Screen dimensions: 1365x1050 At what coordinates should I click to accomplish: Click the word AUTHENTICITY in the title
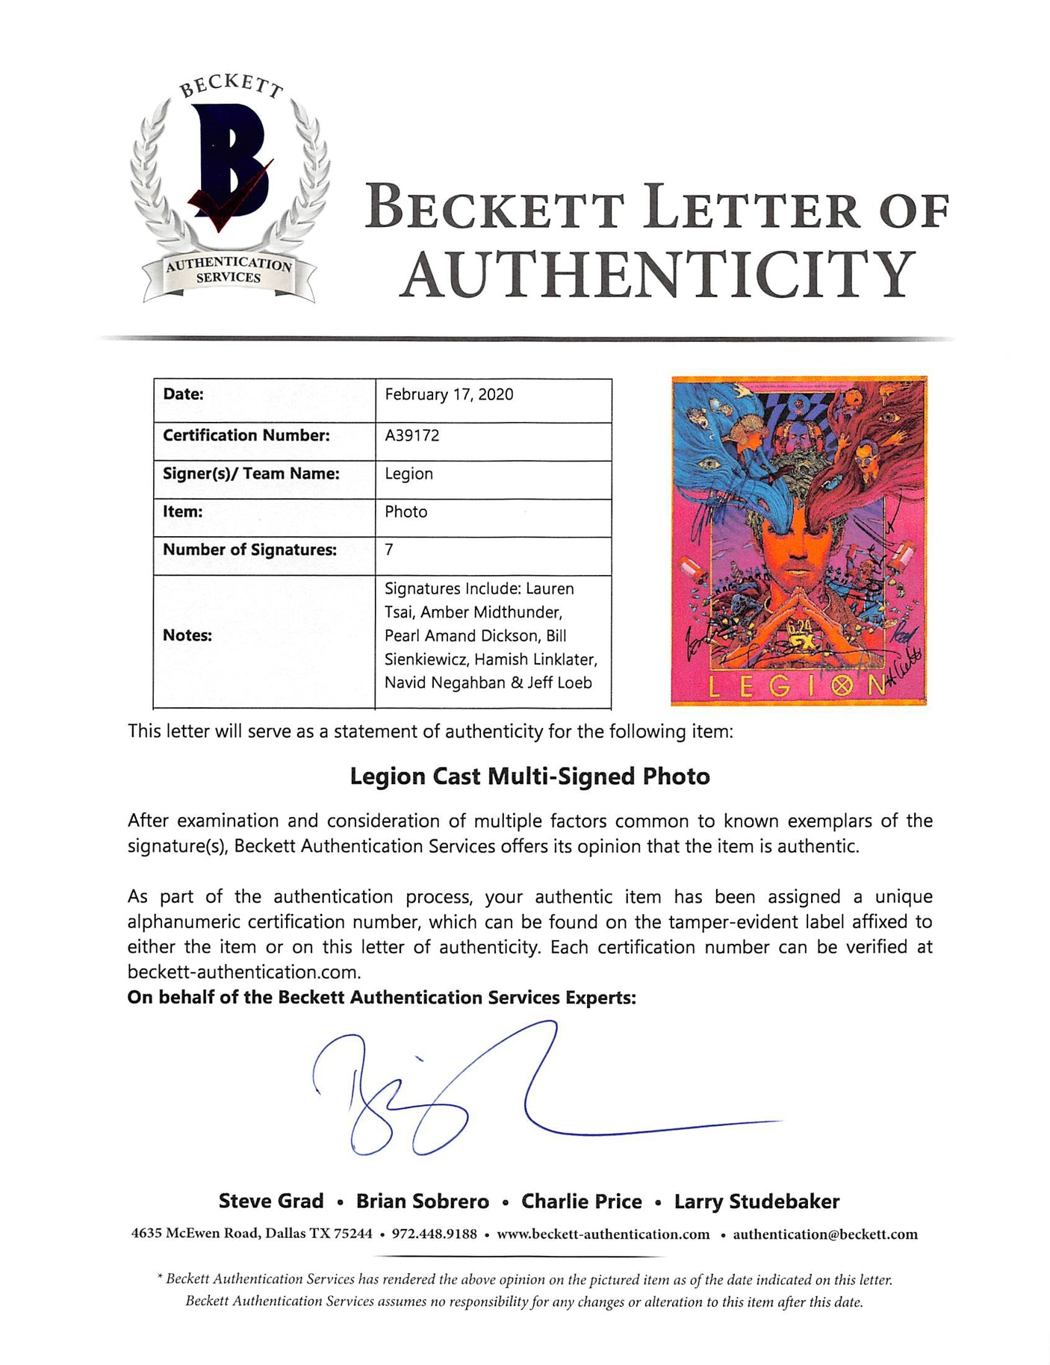pyautogui.click(x=657, y=275)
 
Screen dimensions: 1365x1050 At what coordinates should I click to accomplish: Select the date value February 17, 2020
pyautogui.click(x=449, y=394)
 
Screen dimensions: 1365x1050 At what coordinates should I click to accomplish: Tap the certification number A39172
pyautogui.click(x=412, y=435)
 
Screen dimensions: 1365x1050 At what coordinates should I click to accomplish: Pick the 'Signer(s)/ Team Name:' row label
pyautogui.click(x=251, y=473)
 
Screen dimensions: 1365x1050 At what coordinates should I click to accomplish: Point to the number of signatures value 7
pyautogui.click(x=389, y=550)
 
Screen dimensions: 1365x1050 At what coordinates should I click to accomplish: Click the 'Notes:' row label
pyautogui.click(x=187, y=635)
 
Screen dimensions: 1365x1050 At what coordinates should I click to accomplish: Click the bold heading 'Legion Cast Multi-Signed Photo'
pyautogui.click(x=529, y=777)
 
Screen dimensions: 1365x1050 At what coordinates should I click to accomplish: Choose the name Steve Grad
pyautogui.click(x=271, y=1201)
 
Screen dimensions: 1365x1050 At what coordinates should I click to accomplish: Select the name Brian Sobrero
pyautogui.click(x=422, y=1201)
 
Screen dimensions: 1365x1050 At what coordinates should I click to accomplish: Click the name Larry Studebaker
pyautogui.click(x=757, y=1201)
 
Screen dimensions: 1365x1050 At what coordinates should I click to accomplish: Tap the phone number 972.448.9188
pyautogui.click(x=434, y=1234)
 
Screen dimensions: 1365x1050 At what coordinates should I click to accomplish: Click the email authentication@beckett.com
pyautogui.click(x=825, y=1234)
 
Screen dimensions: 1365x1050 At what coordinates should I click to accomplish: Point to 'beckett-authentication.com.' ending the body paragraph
pyautogui.click(x=244, y=971)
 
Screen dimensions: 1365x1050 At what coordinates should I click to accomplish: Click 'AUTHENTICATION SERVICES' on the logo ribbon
pyautogui.click(x=228, y=270)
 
